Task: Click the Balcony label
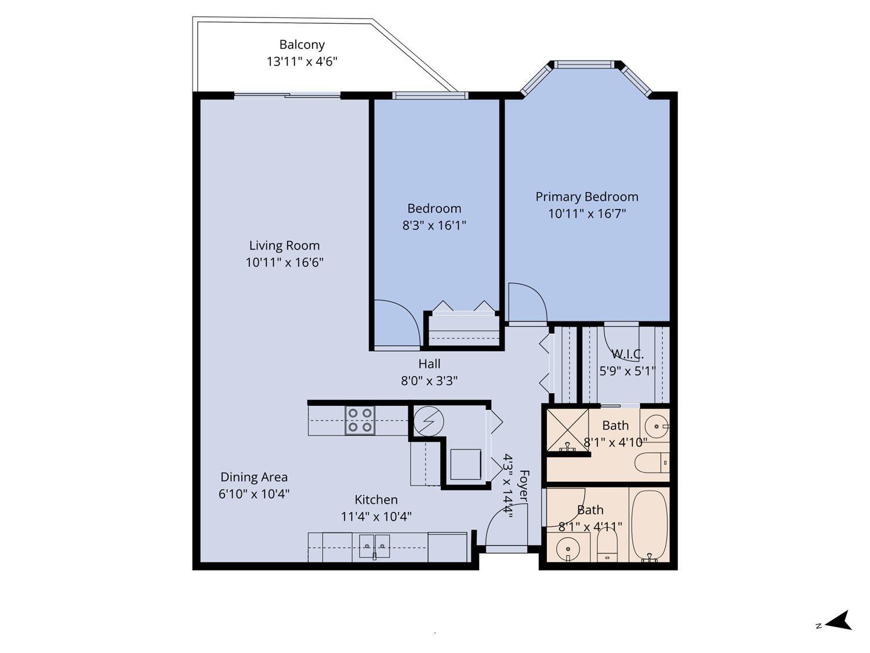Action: [x=302, y=45]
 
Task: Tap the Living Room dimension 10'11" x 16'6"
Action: [x=284, y=262]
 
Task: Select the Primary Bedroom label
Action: [x=586, y=197]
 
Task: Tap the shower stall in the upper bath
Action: [x=568, y=431]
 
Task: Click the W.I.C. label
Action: [x=628, y=354]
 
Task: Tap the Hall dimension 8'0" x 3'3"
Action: [x=429, y=381]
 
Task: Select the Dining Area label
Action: [x=254, y=477]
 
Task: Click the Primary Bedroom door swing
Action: [x=525, y=302]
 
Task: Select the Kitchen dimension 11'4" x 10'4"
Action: [x=376, y=516]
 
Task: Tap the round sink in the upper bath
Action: [x=657, y=426]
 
